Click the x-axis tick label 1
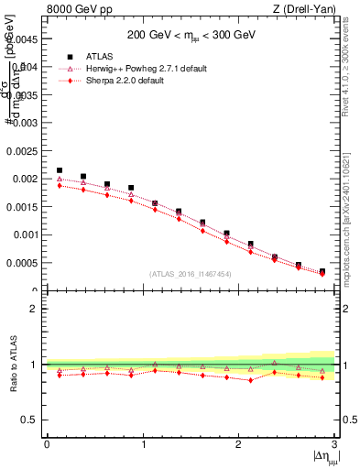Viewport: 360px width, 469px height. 143,444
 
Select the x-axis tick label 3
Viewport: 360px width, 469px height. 335,444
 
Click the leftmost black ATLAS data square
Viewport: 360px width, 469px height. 60,170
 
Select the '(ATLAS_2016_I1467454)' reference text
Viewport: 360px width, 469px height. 191,274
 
